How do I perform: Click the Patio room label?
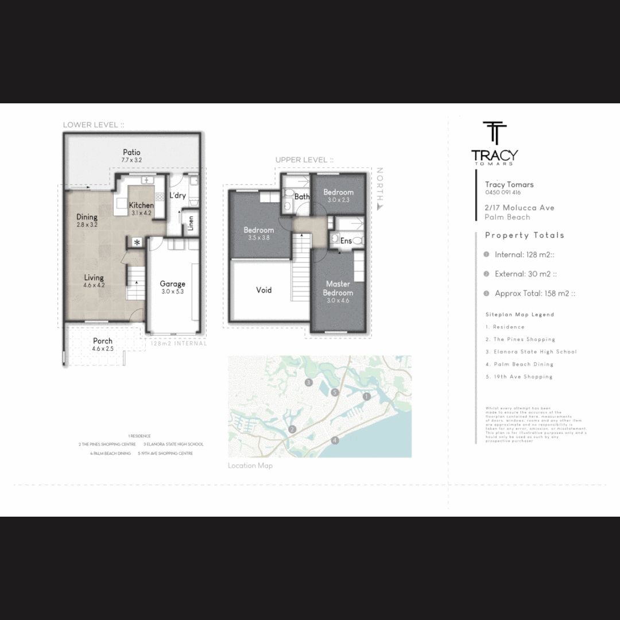[x=131, y=153]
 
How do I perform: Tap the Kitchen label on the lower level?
[x=141, y=206]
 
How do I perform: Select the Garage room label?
[x=172, y=284]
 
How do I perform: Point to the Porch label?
[x=103, y=341]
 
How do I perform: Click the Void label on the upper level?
[x=264, y=290]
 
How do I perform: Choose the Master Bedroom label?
[x=338, y=288]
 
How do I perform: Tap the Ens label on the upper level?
[x=346, y=241]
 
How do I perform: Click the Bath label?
[x=302, y=197]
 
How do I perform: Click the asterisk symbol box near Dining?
[x=137, y=242]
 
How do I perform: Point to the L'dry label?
[x=177, y=195]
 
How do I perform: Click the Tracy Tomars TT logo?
[x=494, y=133]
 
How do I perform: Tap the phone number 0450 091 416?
[x=503, y=193]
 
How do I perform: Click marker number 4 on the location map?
[x=335, y=440]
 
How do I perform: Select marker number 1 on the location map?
[x=367, y=396]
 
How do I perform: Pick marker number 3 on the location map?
[x=308, y=382]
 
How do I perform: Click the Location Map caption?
[x=250, y=466]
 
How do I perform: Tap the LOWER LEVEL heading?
[x=94, y=125]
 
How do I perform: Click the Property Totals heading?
[x=524, y=235]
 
